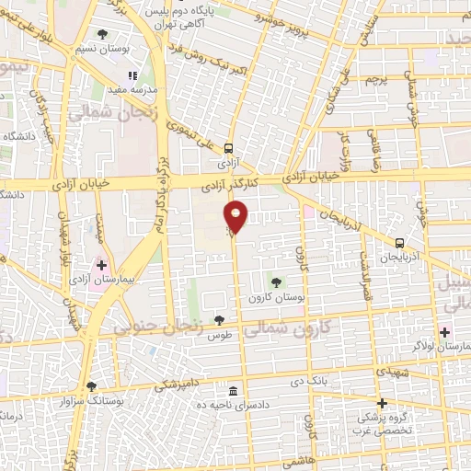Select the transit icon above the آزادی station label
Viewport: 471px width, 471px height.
tap(228, 147)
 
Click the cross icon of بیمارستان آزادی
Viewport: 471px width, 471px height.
tap(101, 265)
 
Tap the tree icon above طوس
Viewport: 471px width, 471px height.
tap(219, 320)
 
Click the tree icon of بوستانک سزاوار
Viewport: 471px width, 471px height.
tap(90, 386)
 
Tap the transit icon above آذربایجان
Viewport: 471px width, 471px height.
tap(399, 244)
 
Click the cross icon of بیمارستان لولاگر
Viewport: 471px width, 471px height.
tap(445, 331)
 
